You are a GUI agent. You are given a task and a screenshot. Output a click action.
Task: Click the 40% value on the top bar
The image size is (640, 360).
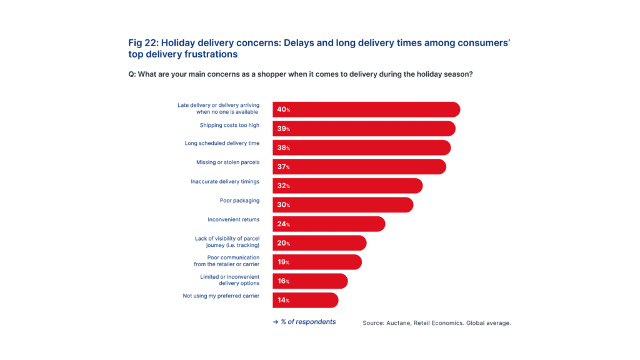click(x=283, y=109)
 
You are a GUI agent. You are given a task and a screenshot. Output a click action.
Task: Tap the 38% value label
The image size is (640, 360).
click(x=283, y=147)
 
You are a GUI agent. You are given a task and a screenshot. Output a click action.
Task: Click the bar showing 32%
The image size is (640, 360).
click(x=347, y=186)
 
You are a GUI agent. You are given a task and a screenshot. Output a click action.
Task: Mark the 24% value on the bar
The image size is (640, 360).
click(x=283, y=224)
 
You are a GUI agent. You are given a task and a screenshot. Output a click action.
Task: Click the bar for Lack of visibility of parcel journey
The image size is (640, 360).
click(x=319, y=243)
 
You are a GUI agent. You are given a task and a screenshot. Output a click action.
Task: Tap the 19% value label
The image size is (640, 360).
click(x=283, y=262)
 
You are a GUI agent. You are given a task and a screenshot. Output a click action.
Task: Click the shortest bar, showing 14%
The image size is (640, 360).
click(x=305, y=300)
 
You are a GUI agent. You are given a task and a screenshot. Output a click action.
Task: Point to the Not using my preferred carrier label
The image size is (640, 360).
click(x=221, y=295)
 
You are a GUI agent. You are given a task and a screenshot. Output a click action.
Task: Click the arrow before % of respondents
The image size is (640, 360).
click(x=275, y=322)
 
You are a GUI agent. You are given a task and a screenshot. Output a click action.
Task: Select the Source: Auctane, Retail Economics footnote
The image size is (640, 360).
click(x=436, y=322)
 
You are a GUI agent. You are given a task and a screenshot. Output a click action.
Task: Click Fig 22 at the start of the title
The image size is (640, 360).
click(x=141, y=42)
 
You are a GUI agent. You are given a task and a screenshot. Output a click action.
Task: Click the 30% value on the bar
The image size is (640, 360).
click(x=283, y=205)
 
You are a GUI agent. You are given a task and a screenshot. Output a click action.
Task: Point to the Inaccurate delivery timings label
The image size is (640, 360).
click(x=225, y=181)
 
